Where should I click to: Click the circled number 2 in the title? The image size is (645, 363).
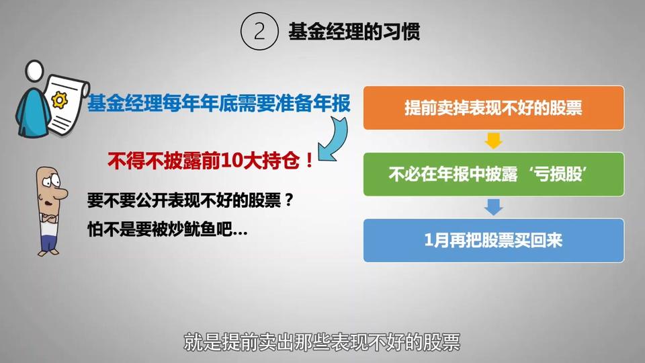(259, 32)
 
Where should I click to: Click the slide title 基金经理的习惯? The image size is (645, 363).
(354, 32)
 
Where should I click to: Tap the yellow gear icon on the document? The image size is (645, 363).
(60, 100)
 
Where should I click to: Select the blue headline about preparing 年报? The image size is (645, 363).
(219, 103)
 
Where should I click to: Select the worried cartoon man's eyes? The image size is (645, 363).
(52, 181)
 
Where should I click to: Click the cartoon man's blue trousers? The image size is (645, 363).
(49, 241)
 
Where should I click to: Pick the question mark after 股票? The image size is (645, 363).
(289, 200)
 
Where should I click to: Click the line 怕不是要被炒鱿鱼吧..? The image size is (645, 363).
(167, 229)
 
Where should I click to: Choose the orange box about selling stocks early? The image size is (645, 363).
(494, 108)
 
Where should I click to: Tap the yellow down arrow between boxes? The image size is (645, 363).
(494, 140)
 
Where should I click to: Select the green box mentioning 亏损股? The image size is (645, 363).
(494, 174)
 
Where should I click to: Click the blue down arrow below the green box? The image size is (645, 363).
(494, 207)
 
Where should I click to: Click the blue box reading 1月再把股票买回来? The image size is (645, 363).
(494, 241)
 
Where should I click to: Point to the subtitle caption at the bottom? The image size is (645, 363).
(322, 342)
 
